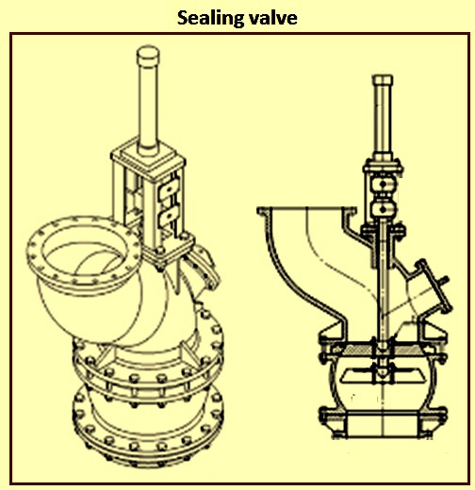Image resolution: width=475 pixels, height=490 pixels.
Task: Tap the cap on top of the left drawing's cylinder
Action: pyautogui.click(x=148, y=56)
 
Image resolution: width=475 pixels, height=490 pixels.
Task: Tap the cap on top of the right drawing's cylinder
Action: pyautogui.click(x=383, y=80)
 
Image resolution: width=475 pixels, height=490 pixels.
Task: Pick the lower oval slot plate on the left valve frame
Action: pyautogui.click(x=168, y=216)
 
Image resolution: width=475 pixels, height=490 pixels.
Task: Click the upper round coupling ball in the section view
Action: pyautogui.click(x=383, y=185)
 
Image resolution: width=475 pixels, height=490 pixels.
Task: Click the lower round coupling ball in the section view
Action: pyautogui.click(x=382, y=208)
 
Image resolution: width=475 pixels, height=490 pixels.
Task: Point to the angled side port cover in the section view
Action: pyautogui.click(x=434, y=286)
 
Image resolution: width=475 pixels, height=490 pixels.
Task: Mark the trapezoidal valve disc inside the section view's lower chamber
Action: pyautogui.click(x=383, y=376)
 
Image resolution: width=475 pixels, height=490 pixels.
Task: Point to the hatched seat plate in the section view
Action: pyautogui.click(x=384, y=350)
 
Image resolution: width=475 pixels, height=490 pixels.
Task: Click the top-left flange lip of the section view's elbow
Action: pyautogui.click(x=263, y=211)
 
